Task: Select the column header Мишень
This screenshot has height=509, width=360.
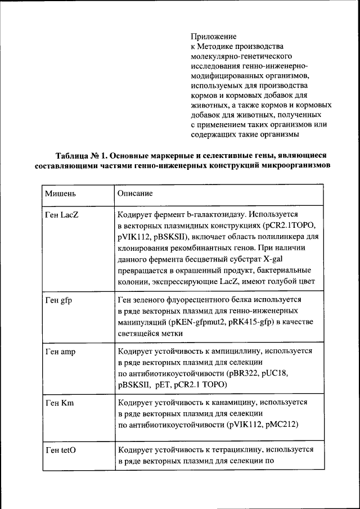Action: click(x=61, y=193)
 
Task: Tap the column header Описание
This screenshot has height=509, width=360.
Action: click(x=135, y=193)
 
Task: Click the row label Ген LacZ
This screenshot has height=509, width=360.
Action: click(x=62, y=215)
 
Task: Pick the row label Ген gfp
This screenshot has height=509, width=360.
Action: click(x=58, y=300)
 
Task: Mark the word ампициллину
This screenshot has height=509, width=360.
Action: click(x=235, y=351)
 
